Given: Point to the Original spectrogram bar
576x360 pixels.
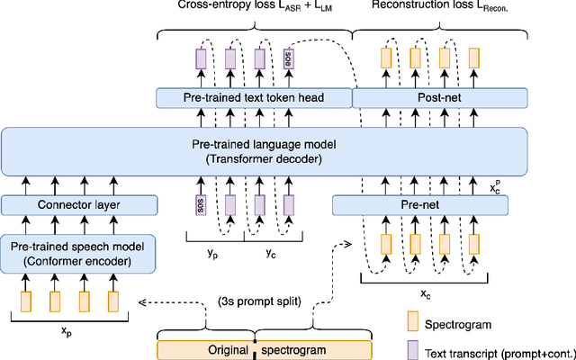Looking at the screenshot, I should [x=263, y=349].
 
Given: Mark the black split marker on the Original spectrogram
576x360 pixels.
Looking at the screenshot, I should [x=255, y=349].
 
